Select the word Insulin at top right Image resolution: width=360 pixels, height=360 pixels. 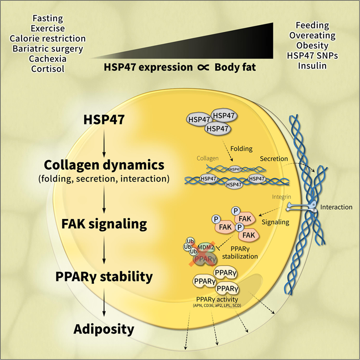[x=313, y=65]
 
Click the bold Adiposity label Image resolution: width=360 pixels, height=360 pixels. [x=104, y=329]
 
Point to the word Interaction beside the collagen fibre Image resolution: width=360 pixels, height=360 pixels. [x=336, y=207]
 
